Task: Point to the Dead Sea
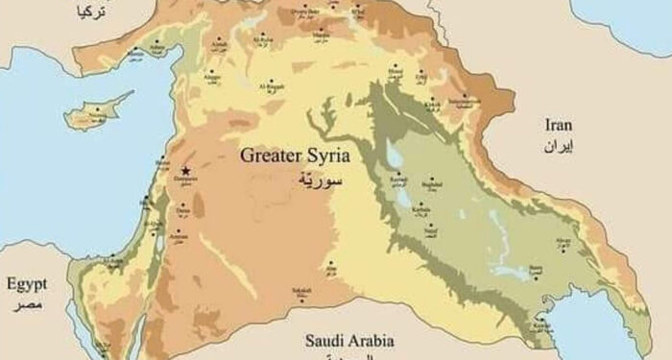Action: (158, 236)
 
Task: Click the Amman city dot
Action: (175, 230)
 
